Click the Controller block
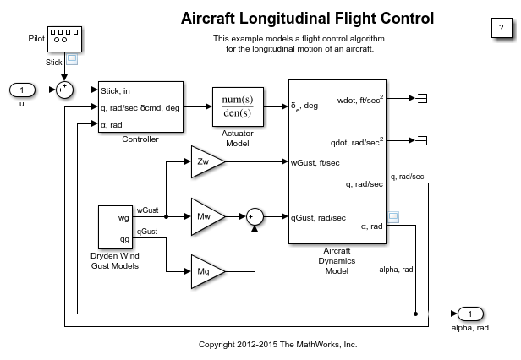click(x=140, y=107)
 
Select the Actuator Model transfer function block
click(x=238, y=107)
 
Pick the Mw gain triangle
click(x=203, y=216)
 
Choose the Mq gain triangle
click(x=203, y=271)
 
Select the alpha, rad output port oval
click(x=474, y=314)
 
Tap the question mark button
click(x=498, y=27)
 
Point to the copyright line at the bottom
click(x=277, y=345)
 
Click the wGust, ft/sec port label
click(x=315, y=162)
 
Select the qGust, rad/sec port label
click(x=319, y=217)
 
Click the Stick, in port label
click(x=117, y=90)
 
